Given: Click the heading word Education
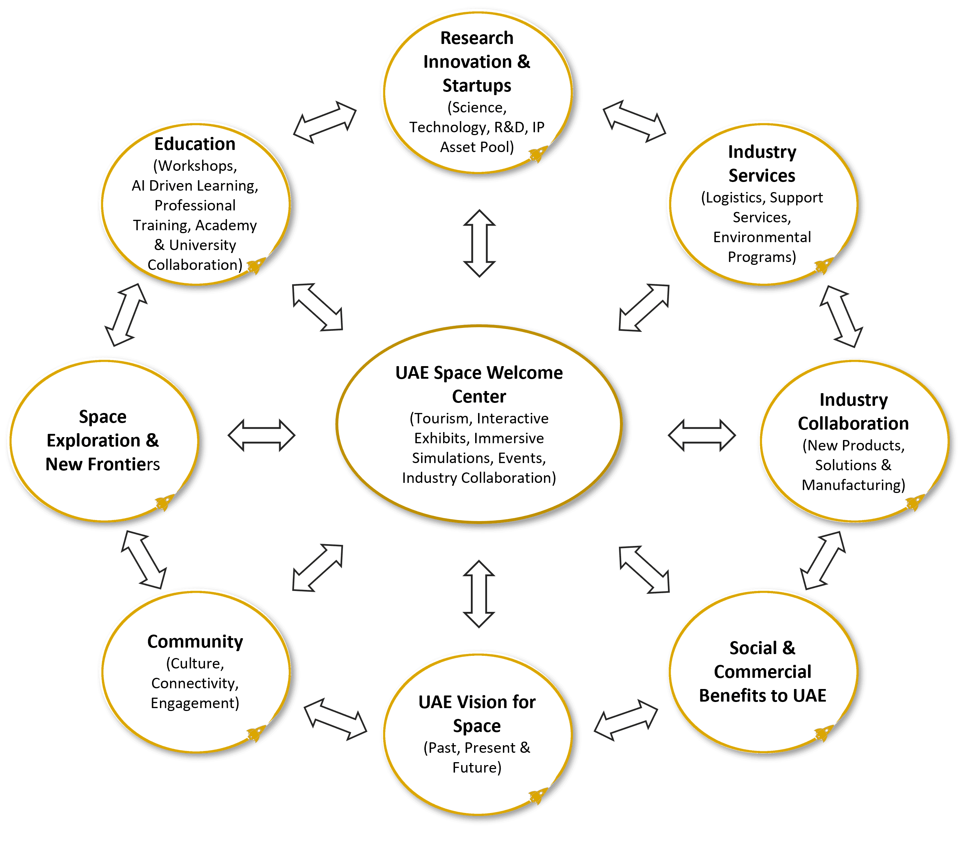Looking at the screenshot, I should [195, 144].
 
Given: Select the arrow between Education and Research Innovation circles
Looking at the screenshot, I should [325, 122].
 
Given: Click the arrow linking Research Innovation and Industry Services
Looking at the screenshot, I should [634, 121].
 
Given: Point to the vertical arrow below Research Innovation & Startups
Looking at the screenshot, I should [479, 243].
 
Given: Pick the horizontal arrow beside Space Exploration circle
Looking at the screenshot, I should [261, 436].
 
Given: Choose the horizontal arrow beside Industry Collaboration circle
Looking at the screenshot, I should [701, 436].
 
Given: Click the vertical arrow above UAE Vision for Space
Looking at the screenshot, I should [479, 594].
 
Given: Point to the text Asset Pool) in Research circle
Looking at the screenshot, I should [477, 147].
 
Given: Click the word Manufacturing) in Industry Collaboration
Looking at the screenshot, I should [853, 485].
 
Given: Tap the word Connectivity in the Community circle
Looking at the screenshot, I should [195, 683].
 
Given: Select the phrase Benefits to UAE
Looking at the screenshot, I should [762, 695].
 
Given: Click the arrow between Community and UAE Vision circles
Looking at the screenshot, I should [335, 719].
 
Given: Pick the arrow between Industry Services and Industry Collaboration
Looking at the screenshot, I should [841, 316].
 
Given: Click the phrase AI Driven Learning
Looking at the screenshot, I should [195, 186].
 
